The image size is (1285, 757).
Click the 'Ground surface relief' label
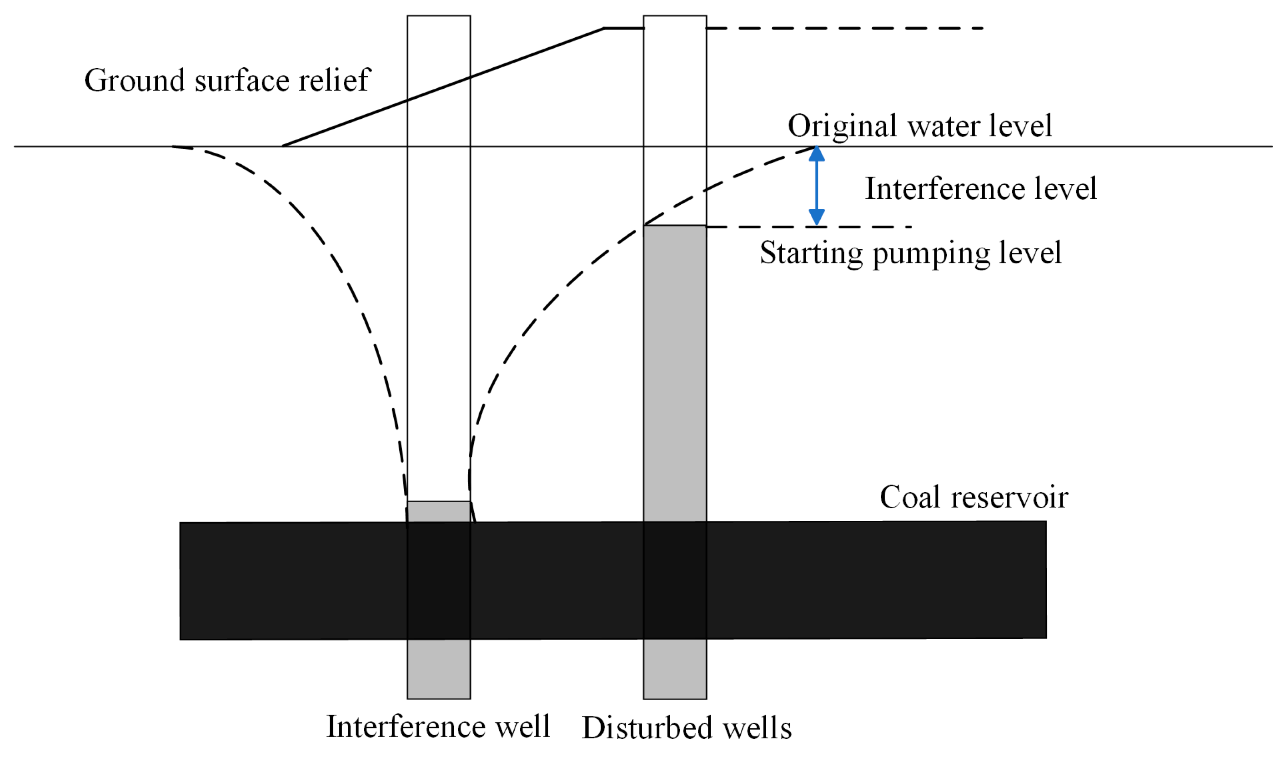[x=227, y=80]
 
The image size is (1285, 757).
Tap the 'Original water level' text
[x=920, y=126]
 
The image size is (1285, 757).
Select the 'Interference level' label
[x=981, y=188]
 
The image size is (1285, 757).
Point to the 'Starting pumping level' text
[x=911, y=253]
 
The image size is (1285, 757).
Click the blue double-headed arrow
[x=817, y=186]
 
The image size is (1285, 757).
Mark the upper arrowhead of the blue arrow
[x=817, y=154]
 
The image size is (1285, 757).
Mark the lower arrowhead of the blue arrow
[x=817, y=218]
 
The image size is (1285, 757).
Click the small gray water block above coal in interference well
[x=438, y=512]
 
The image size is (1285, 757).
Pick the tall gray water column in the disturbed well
[x=675, y=374]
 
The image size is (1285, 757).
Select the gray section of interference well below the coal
[x=438, y=669]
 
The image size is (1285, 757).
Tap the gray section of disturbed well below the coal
[x=675, y=669]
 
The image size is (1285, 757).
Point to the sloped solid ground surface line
[x=444, y=87]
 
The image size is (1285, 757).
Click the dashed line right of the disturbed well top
[x=845, y=29]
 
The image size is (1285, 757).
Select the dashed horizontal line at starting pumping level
[x=809, y=227]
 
